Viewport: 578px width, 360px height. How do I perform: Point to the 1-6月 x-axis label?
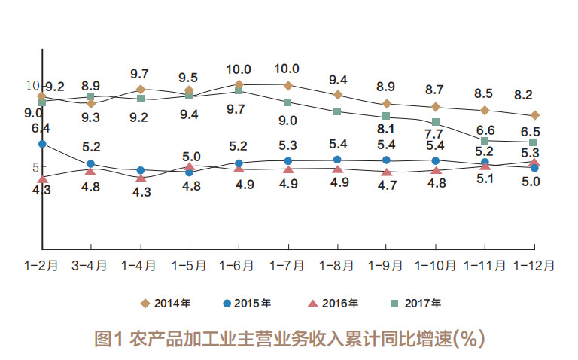[x=239, y=265]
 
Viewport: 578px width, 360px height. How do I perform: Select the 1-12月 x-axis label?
[x=534, y=265]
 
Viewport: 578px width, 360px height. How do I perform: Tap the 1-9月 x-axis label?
[x=386, y=265]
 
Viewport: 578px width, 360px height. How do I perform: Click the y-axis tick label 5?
[x=35, y=167]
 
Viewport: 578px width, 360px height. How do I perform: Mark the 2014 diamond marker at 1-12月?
[x=534, y=115]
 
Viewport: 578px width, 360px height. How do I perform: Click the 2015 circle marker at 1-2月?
[x=42, y=143]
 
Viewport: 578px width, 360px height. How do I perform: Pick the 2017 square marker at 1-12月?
[x=534, y=142]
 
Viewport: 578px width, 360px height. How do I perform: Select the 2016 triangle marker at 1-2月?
[x=43, y=178]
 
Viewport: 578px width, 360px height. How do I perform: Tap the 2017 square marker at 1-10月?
[x=436, y=122]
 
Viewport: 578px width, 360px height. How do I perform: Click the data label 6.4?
[x=41, y=128]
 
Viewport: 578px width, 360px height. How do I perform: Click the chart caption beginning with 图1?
[x=289, y=338]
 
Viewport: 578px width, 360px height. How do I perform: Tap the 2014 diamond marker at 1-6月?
[x=239, y=85]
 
